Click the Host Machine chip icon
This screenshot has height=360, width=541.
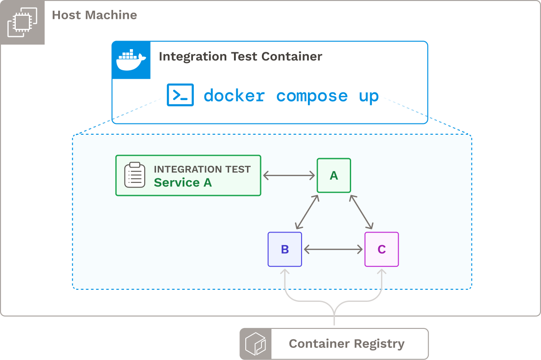click(x=22, y=22)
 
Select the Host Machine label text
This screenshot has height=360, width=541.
click(x=94, y=15)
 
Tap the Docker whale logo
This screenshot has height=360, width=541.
click(x=131, y=60)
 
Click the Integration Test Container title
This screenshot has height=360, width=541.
click(x=240, y=56)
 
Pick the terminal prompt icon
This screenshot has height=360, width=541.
click(x=180, y=95)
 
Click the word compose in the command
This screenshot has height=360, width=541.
click(x=312, y=96)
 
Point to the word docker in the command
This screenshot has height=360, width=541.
click(x=234, y=96)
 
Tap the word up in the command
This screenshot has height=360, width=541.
click(x=369, y=96)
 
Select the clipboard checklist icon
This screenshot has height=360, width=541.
click(x=135, y=175)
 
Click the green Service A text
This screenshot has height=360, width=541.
click(x=183, y=182)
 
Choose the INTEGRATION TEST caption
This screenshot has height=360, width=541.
click(x=202, y=169)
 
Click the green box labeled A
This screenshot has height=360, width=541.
click(x=334, y=175)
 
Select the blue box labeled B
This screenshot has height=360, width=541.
click(x=284, y=249)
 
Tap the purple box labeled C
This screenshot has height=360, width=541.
click(x=381, y=249)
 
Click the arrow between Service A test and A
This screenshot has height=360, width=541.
click(x=289, y=175)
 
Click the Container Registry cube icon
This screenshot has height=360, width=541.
click(x=256, y=344)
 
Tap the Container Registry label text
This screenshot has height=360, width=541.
click(x=346, y=344)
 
